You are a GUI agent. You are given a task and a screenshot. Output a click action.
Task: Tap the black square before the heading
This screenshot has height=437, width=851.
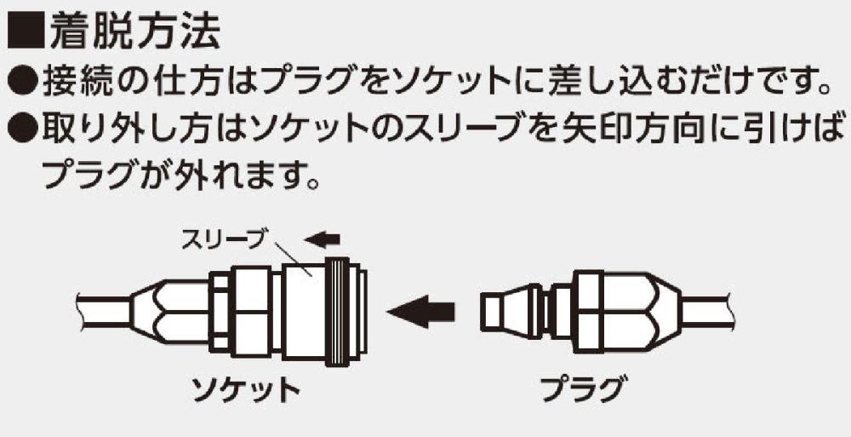25,33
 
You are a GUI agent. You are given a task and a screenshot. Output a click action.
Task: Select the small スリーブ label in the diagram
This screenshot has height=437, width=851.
219,242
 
